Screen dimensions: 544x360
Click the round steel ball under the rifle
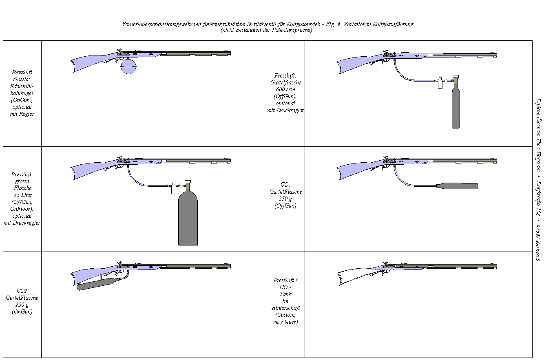click(x=129, y=66)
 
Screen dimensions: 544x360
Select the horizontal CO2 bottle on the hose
click(x=457, y=186)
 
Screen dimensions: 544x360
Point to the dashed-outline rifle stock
click(x=356, y=276)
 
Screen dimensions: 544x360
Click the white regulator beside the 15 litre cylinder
click(x=173, y=188)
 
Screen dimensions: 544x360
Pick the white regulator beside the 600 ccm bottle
click(x=440, y=83)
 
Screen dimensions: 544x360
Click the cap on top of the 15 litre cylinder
click(x=188, y=182)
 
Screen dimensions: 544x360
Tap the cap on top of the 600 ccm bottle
click(x=456, y=77)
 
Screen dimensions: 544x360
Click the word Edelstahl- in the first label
click(x=22, y=86)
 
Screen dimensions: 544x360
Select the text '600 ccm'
click(x=285, y=89)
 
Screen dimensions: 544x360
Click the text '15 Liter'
click(x=23, y=195)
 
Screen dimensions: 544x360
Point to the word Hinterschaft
click(x=285, y=308)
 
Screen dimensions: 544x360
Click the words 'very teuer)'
click(x=285, y=322)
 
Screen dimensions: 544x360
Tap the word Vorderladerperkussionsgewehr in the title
click(x=157, y=24)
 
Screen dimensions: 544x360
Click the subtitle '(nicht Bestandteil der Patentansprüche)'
click(x=266, y=30)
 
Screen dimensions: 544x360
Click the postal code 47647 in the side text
click(x=538, y=232)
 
